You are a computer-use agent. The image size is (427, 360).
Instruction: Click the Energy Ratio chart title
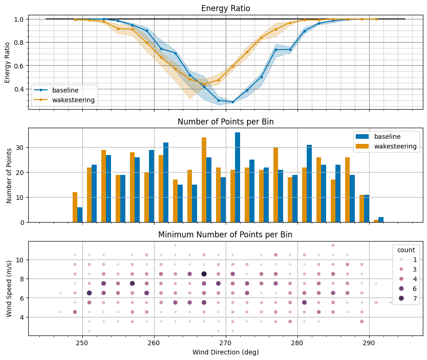(225, 9)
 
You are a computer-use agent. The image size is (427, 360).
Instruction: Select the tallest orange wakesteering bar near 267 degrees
(204, 180)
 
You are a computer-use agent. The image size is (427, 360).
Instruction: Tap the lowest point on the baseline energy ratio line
(233, 102)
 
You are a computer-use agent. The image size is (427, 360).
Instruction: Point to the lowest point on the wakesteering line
(204, 84)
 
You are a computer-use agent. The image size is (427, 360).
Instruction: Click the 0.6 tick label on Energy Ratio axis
(18, 66)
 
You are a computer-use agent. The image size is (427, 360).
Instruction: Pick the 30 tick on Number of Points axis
(20, 148)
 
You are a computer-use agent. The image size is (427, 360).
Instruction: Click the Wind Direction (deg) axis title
(225, 352)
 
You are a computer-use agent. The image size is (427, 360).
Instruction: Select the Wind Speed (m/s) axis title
(9, 288)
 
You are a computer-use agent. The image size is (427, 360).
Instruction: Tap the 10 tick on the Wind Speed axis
(20, 260)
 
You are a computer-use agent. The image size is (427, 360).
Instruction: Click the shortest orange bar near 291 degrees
(376, 221)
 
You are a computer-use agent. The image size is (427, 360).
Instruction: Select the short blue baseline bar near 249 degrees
(80, 215)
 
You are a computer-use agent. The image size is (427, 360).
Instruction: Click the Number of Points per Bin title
(225, 122)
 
